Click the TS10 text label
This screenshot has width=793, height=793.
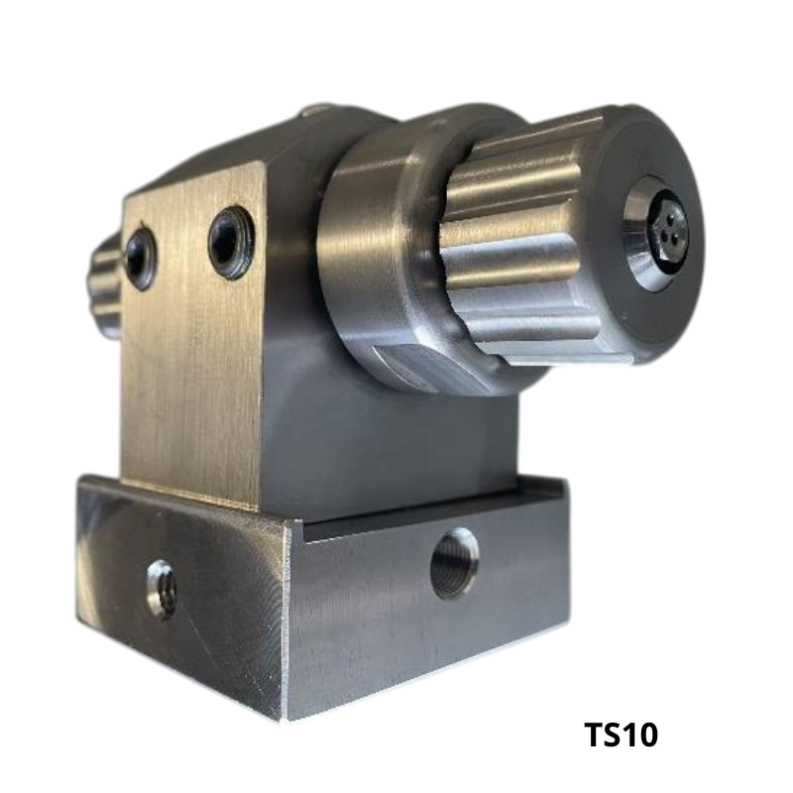pos(622,735)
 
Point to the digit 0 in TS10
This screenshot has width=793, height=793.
pos(647,735)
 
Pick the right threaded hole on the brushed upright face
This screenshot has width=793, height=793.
pos(231,242)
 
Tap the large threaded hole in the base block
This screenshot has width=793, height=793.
pos(455,563)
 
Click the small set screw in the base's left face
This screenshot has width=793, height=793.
pos(162,589)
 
